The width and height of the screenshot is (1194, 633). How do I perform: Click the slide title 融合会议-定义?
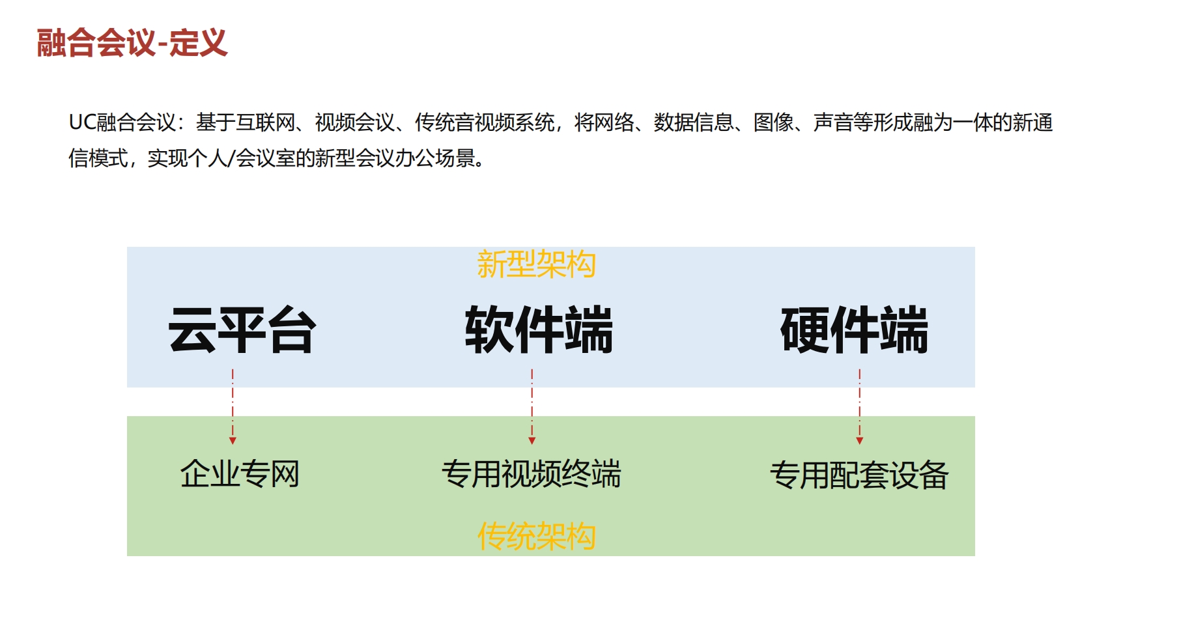coord(132,43)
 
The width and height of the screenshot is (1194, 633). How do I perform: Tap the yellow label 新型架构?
coord(536,264)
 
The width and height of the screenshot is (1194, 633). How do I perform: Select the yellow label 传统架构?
coord(536,536)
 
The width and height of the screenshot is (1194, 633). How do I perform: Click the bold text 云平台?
coord(242,330)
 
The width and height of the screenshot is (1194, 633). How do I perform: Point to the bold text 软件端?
coord(539,330)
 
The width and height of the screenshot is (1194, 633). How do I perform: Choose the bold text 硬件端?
coord(854,330)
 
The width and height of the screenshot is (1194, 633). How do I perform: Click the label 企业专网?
coord(240,473)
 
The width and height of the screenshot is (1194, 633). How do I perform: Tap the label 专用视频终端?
coord(532,473)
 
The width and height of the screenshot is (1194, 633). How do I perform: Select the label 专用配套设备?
coord(859,475)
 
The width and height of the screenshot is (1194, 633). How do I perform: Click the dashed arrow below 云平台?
coord(233,407)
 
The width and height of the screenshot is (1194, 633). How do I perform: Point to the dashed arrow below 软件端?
coord(532,407)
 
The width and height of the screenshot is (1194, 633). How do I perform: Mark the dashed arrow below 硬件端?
coord(860,407)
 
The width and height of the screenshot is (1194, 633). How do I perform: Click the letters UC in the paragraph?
coord(83,122)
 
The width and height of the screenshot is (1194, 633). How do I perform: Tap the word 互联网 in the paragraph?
coord(266,122)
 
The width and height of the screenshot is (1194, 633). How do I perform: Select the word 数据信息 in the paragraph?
coord(694,122)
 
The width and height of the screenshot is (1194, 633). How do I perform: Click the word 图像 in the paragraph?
coord(774,122)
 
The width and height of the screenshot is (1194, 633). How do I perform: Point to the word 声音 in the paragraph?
coord(833,122)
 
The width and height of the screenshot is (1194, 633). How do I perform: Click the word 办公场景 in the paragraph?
coord(435,158)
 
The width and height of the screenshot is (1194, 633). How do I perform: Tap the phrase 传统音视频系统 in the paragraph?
coord(485,122)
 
